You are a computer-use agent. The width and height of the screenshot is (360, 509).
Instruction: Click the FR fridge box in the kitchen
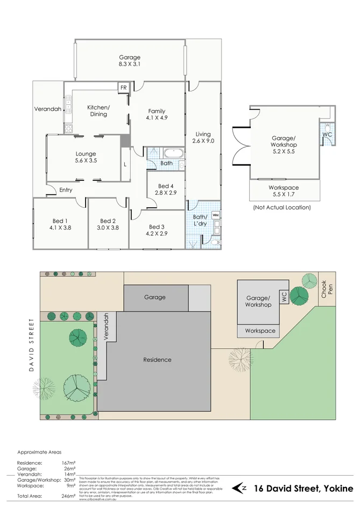coord(123,87)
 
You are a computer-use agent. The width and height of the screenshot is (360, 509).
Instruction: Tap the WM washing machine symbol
coord(216,215)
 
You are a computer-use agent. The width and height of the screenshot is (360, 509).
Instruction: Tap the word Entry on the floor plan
coord(66,190)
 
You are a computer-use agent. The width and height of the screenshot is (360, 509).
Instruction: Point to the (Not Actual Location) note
coord(281,207)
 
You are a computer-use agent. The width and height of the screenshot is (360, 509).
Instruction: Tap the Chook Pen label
coord(324,291)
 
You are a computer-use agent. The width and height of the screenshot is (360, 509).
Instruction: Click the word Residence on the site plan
coord(157,359)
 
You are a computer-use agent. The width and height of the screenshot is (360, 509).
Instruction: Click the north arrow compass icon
coord(240,488)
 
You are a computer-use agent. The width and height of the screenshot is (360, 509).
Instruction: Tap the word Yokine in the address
coord(338,488)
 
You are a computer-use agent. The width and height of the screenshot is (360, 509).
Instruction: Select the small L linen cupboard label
coord(125,164)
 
